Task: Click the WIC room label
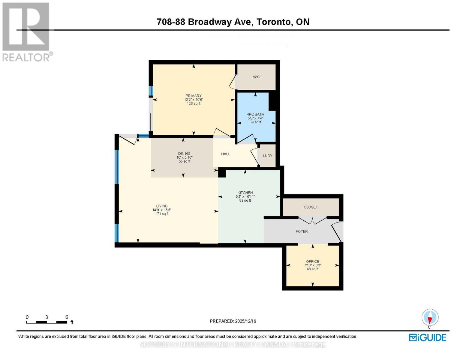click(x=256, y=77)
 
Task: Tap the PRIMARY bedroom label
click(x=193, y=96)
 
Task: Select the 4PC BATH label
click(x=255, y=114)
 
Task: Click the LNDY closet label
click(x=267, y=156)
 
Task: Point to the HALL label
click(x=226, y=154)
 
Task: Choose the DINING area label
click(x=184, y=154)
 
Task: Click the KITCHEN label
click(x=245, y=193)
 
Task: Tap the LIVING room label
click(x=162, y=206)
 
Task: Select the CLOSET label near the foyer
click(x=311, y=207)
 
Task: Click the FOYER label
click(x=302, y=232)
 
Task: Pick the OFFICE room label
click(x=312, y=262)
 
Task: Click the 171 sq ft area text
click(x=162, y=214)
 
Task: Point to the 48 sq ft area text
click(x=312, y=269)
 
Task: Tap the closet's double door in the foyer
click(x=312, y=221)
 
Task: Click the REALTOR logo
click(x=26, y=31)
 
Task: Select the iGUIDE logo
click(x=428, y=337)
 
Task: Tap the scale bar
click(x=47, y=322)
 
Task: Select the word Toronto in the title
click(x=274, y=22)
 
